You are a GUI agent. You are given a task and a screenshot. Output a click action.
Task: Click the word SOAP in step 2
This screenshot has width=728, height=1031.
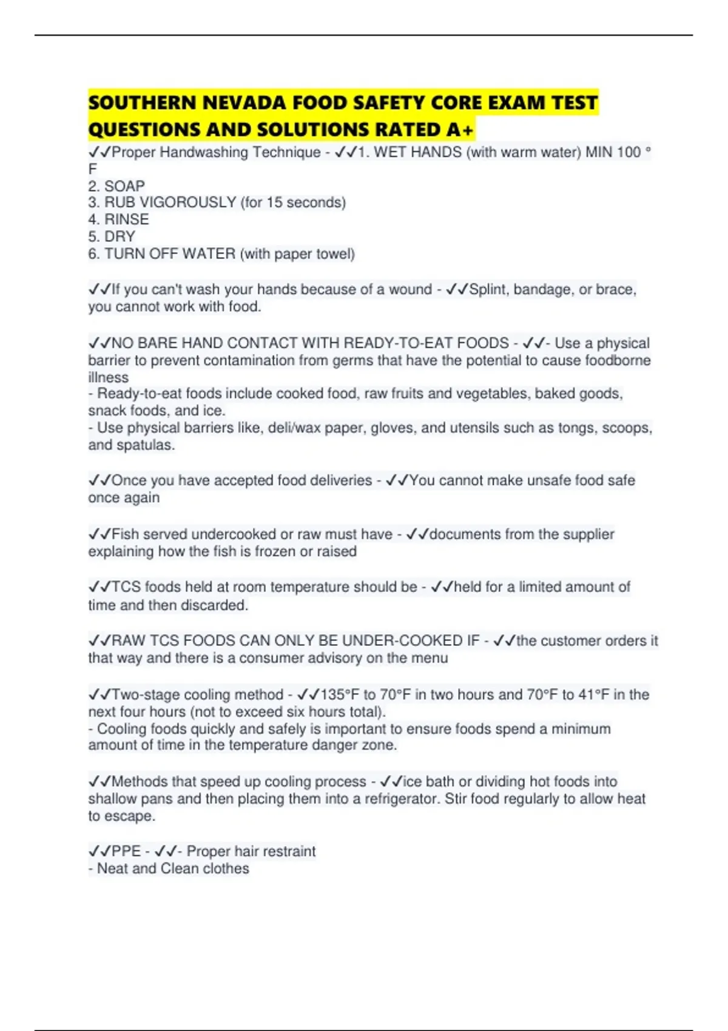[124, 186]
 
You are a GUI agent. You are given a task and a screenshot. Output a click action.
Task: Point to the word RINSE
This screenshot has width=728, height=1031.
[126, 220]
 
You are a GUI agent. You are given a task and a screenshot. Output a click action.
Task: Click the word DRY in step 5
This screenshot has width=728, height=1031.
[120, 237]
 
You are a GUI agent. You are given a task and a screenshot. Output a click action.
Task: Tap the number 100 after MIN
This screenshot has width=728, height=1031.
[629, 152]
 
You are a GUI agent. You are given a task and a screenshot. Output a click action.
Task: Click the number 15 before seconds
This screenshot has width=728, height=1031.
[274, 203]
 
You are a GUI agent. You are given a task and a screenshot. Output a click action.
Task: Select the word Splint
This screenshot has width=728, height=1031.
[489, 290]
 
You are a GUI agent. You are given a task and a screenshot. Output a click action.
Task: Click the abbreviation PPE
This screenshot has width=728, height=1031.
[126, 851]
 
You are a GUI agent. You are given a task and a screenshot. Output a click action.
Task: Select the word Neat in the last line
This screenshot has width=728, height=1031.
[112, 868]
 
